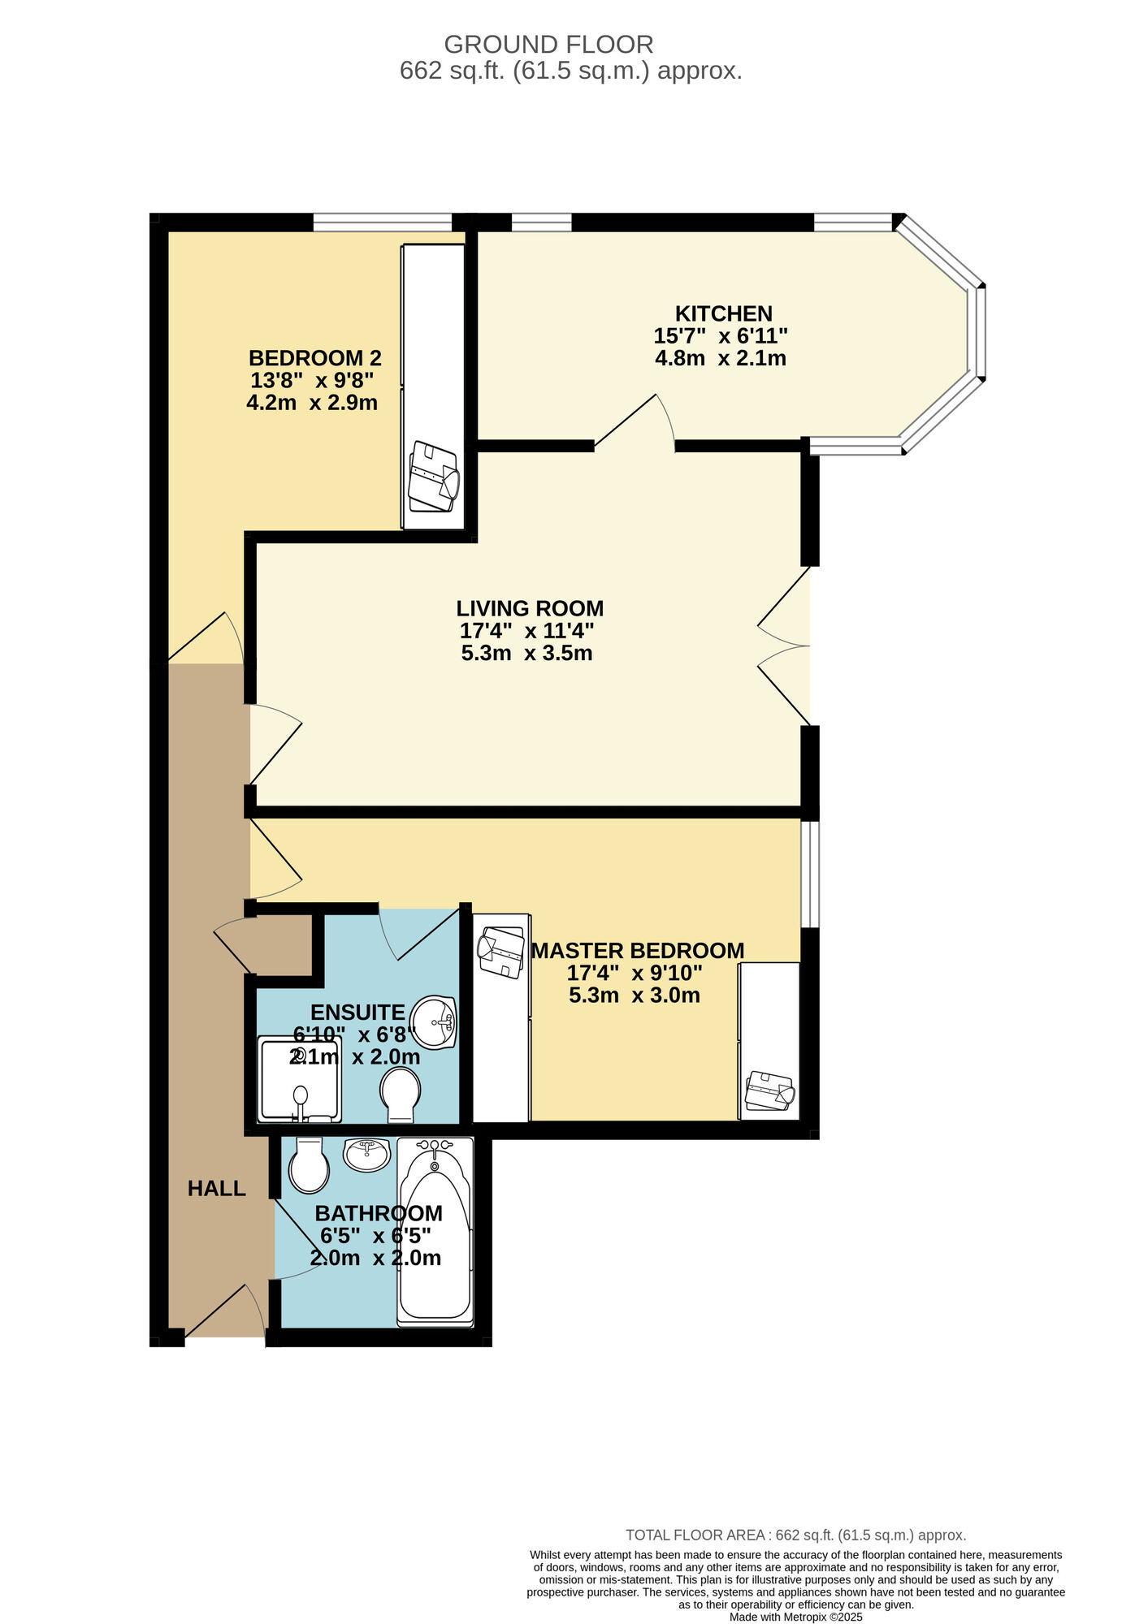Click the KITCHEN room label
(x=723, y=313)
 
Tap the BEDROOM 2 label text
(x=314, y=358)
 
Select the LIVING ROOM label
(x=530, y=608)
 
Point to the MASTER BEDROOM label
(x=638, y=951)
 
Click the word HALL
(x=216, y=1189)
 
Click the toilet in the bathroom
(x=309, y=1165)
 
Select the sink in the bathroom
(x=366, y=1154)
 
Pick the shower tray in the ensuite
(x=298, y=1079)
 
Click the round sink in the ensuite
(x=434, y=1021)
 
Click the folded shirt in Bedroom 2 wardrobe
(x=434, y=476)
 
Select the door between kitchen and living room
(x=635, y=421)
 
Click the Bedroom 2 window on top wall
(x=383, y=222)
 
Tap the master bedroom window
(x=809, y=874)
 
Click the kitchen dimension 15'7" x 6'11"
(x=721, y=335)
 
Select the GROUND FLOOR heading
(x=548, y=44)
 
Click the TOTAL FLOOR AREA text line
(x=795, y=1535)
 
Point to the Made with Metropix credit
(x=795, y=1617)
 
